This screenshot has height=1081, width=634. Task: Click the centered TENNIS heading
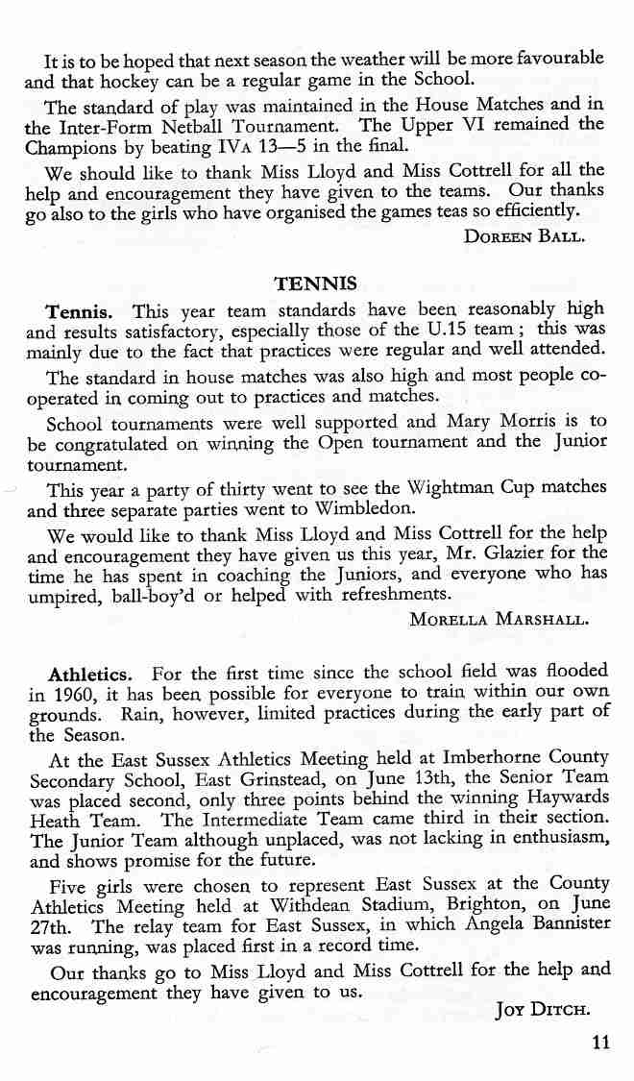(x=316, y=283)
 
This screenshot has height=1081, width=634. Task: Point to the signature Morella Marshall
(x=499, y=620)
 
